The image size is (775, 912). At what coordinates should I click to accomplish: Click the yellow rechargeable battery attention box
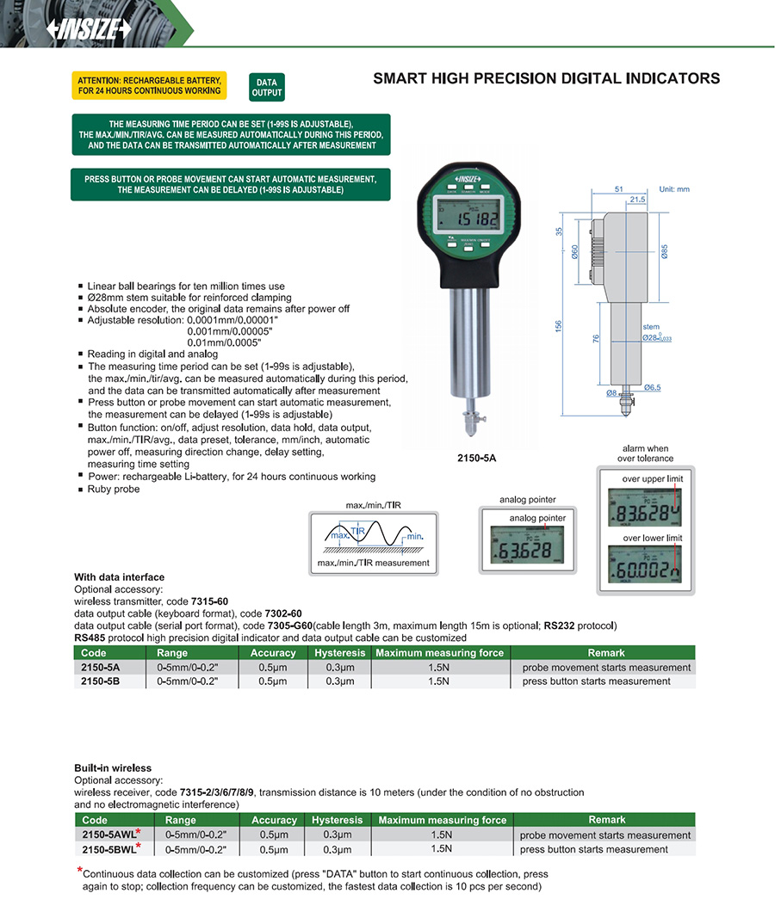pos(149,85)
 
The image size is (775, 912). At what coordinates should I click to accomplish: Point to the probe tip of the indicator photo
pos(471,427)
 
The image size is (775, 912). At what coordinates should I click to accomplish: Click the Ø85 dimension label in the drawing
pos(665,252)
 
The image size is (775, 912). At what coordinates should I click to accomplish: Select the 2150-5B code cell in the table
pos(101,681)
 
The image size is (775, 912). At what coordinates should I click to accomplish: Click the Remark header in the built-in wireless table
pos(606,820)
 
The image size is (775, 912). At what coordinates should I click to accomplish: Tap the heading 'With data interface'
pos(119,577)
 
